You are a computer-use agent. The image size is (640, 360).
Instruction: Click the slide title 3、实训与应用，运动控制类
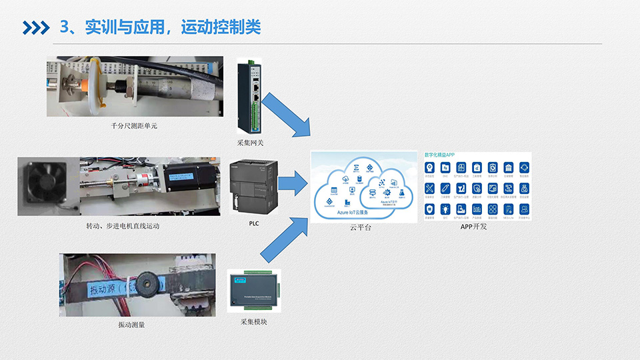click(160, 27)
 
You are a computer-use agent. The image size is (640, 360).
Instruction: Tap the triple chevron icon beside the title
click(36, 27)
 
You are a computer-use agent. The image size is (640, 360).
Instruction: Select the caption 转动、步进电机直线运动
click(123, 226)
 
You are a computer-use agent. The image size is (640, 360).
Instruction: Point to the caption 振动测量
click(131, 325)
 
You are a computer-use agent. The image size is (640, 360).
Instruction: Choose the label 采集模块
click(254, 322)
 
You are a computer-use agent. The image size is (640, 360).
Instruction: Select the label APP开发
click(474, 227)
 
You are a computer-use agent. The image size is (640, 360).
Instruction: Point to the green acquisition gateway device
click(251, 97)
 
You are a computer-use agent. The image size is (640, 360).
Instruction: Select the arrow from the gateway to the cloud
click(285, 115)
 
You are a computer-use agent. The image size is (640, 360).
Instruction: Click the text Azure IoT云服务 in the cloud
click(357, 213)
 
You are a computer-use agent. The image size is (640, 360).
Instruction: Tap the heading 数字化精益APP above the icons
click(440, 154)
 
